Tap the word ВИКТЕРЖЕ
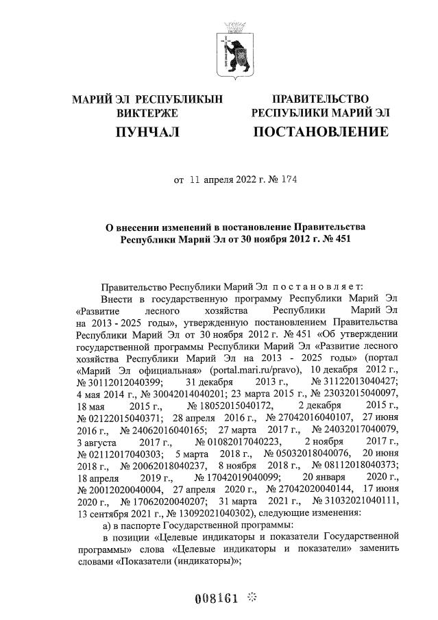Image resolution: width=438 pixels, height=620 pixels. click(147, 112)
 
